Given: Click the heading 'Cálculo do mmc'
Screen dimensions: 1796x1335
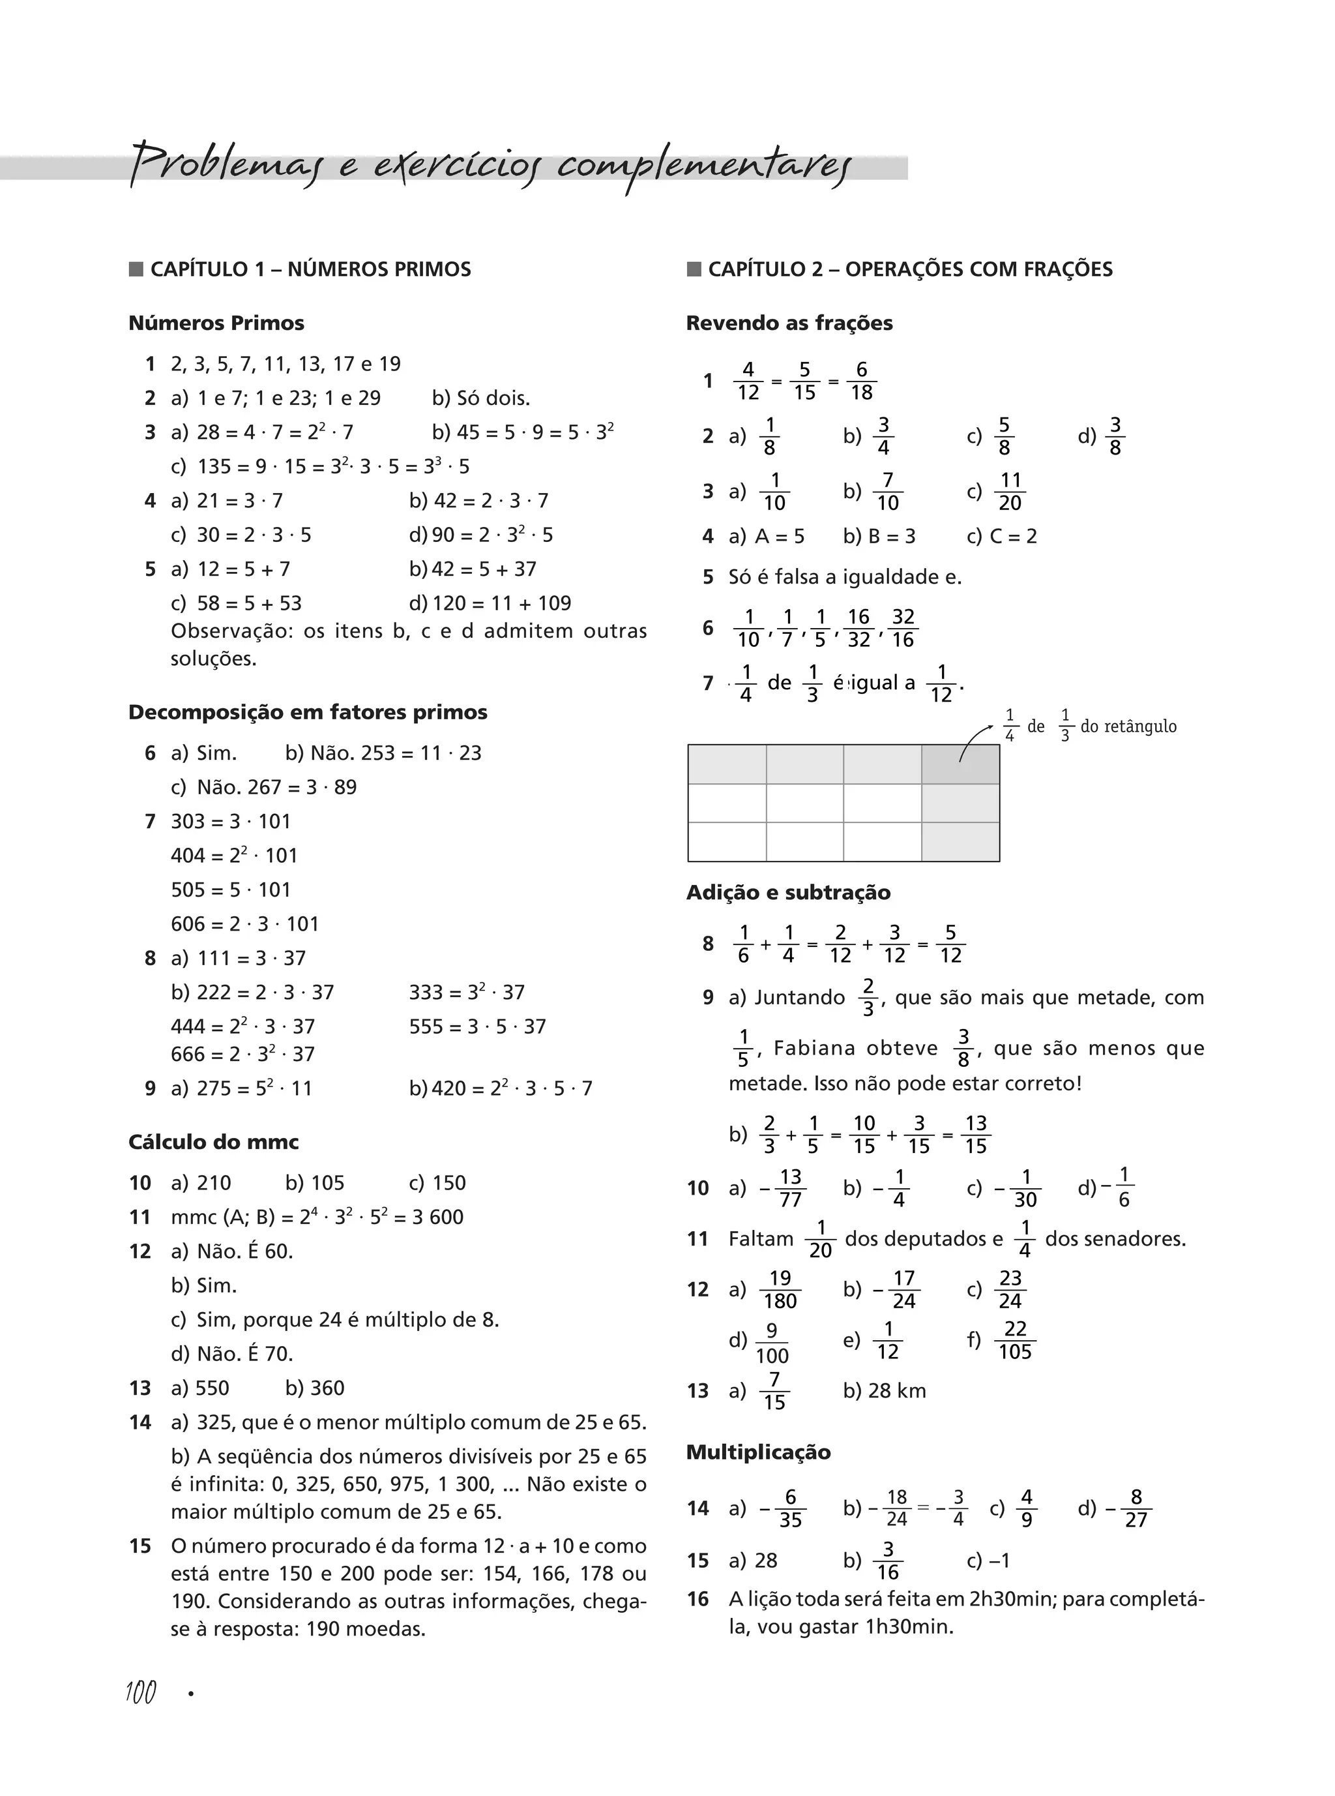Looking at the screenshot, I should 213,1142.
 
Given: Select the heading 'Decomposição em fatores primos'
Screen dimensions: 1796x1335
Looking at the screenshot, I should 308,712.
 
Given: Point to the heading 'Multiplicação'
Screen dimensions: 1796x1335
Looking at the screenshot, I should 758,1452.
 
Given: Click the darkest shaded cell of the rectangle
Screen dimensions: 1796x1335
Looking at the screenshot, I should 960,764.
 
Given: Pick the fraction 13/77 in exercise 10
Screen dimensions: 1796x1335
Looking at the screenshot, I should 789,1188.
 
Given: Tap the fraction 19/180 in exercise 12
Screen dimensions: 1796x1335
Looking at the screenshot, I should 780,1289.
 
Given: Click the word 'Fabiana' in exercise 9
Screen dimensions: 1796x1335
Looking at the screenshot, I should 814,1049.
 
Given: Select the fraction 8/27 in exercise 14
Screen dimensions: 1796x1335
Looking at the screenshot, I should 1136,1508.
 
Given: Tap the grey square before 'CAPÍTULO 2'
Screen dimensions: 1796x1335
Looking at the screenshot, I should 694,269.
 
